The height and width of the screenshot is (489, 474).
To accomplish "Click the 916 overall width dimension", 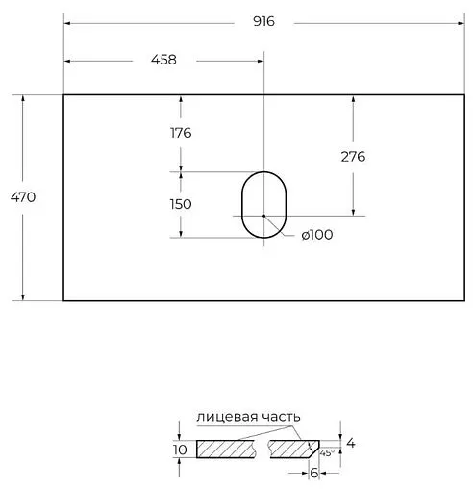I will (x=262, y=22).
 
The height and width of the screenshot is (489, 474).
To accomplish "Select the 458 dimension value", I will (x=163, y=60).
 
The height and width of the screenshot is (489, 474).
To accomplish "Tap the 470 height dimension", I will (x=24, y=197).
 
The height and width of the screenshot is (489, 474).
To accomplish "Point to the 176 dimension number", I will (x=180, y=133).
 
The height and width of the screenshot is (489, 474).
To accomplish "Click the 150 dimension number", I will (x=180, y=204).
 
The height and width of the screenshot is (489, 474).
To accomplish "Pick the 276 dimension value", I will (x=353, y=156).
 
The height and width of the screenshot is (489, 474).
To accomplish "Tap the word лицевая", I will (x=222, y=417).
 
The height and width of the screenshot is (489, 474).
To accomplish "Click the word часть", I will (x=278, y=417).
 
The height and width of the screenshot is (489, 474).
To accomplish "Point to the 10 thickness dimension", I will (x=178, y=450).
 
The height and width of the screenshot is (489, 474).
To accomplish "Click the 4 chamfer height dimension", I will (x=350, y=443).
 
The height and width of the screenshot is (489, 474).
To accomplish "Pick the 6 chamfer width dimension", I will (x=312, y=474).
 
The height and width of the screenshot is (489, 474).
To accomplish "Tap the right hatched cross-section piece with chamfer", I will (x=293, y=449).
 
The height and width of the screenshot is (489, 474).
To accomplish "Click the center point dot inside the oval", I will (x=263, y=216).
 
